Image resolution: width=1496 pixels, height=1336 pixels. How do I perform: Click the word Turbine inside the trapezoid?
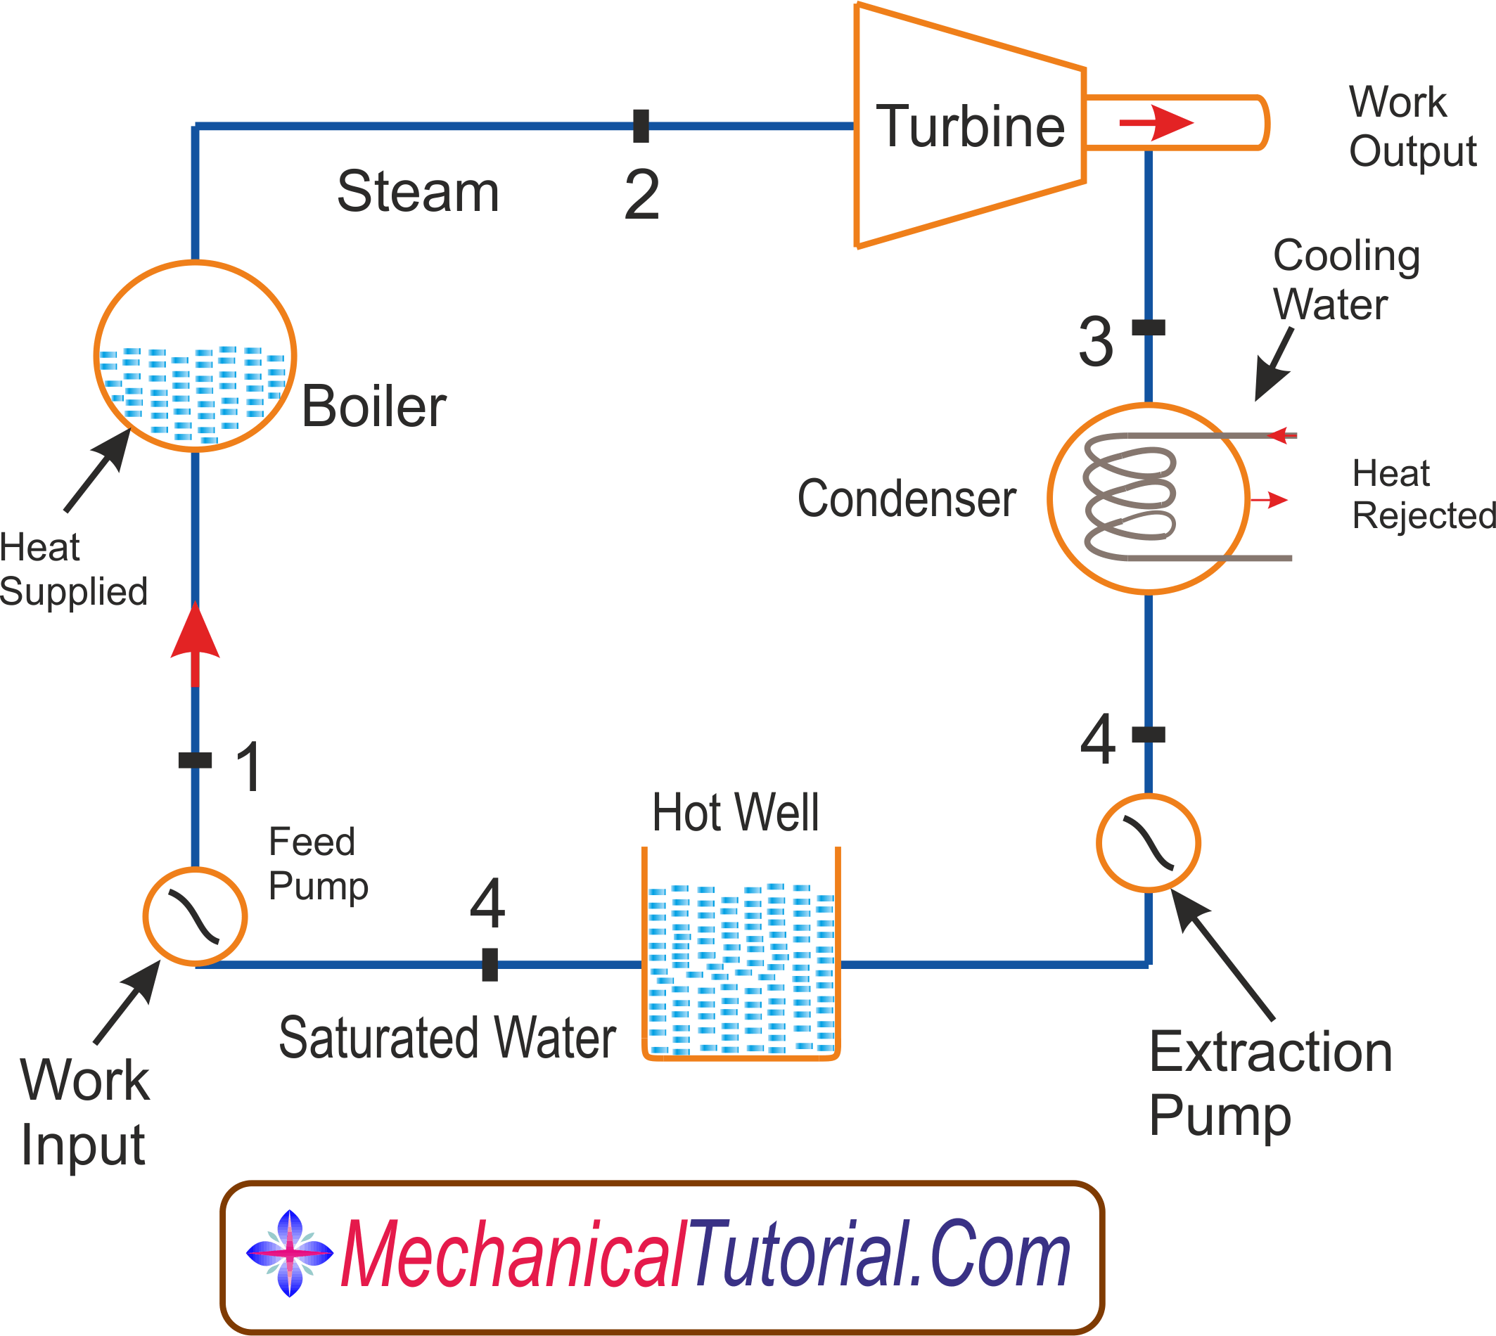tap(971, 127)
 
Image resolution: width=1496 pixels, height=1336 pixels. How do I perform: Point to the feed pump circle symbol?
tap(195, 916)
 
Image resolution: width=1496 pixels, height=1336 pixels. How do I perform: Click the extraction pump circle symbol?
tap(1148, 842)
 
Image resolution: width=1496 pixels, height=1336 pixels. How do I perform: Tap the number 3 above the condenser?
tap(1096, 341)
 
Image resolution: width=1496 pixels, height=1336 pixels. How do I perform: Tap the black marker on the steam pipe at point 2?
tap(641, 126)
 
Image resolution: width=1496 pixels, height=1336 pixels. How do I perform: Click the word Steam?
tap(418, 191)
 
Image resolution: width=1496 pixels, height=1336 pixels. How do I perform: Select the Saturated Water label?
tap(447, 1038)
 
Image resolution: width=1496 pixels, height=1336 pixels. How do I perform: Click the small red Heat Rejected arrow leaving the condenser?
tap(1270, 500)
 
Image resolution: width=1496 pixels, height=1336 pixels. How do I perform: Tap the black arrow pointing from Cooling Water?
tap(1274, 364)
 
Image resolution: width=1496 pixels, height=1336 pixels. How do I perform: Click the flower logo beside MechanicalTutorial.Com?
tap(290, 1254)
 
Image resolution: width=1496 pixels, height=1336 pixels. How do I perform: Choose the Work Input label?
tap(84, 1112)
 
